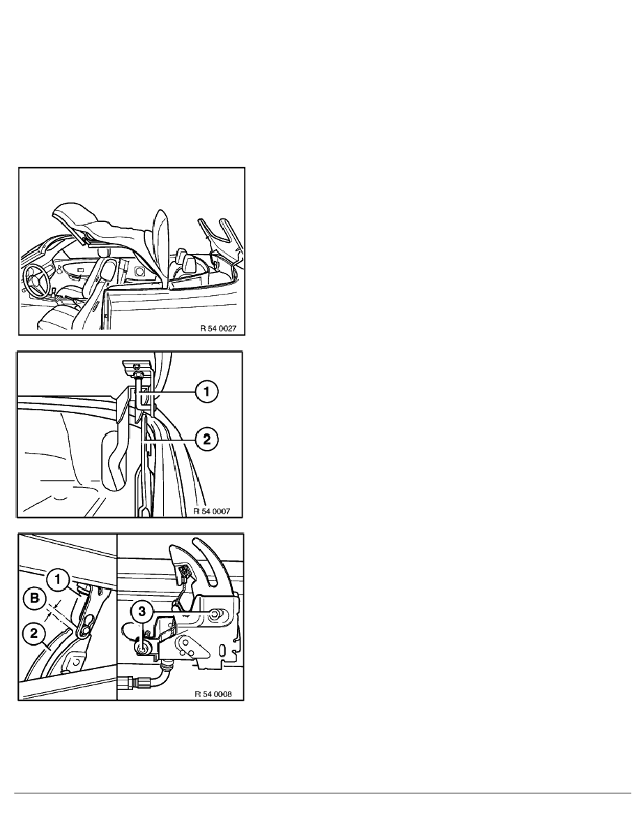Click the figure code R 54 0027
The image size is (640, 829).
218,329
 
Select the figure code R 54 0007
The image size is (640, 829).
212,511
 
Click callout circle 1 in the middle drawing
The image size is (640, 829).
206,391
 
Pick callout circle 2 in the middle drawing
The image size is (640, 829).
206,439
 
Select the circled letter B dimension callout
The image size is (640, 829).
34,599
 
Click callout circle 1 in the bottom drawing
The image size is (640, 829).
57,579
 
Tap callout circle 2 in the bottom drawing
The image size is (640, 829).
33,632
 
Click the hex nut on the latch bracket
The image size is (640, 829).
215,613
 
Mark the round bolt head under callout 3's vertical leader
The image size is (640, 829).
142,649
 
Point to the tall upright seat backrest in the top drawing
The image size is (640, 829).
160,249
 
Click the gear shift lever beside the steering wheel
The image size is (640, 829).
54,290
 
